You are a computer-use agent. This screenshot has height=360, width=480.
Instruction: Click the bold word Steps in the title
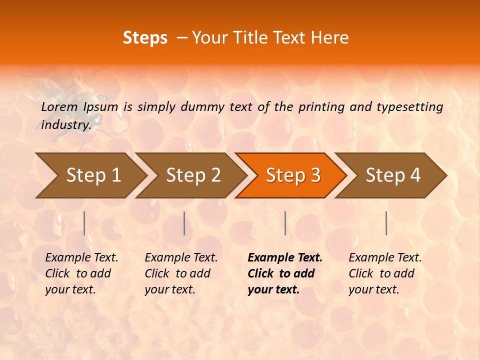[145, 38]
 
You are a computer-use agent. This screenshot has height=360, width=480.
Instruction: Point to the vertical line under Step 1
[84, 223]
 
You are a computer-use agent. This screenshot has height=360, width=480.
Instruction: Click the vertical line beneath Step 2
[184, 223]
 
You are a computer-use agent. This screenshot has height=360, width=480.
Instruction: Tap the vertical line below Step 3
[285, 223]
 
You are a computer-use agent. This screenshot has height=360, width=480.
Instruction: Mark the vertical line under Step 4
[386, 223]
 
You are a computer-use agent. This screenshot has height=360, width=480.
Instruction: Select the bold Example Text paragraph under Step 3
[285, 273]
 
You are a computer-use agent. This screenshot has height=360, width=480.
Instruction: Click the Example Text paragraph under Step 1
[81, 273]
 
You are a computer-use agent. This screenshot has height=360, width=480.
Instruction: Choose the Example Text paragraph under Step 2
[181, 273]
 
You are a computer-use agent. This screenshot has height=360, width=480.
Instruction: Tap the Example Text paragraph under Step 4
[385, 273]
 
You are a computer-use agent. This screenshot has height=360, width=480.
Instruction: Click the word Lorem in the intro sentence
[59, 106]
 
